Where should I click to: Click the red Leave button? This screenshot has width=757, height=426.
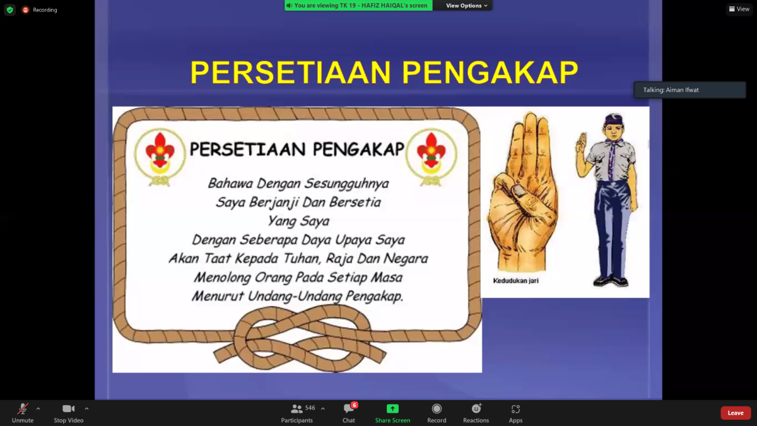[x=736, y=413]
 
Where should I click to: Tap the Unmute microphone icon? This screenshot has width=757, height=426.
[x=23, y=409]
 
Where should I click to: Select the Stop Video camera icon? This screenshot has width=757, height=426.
[x=68, y=409]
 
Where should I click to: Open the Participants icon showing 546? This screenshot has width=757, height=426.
[x=296, y=409]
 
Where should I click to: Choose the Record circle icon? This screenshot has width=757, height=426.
[x=437, y=409]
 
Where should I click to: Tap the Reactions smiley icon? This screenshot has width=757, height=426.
[x=476, y=409]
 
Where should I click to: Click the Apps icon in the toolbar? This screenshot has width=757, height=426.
[x=515, y=409]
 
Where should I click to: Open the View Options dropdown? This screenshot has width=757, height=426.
[x=466, y=6]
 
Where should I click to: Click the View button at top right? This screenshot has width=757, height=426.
[x=739, y=9]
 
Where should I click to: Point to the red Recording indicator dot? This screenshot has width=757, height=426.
[x=25, y=10]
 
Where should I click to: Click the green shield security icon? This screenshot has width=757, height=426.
[x=10, y=10]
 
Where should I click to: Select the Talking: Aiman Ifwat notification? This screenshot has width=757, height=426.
[x=690, y=90]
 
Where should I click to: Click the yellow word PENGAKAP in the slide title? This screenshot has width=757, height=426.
[x=490, y=73]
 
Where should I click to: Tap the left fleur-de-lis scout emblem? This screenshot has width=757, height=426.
[x=160, y=157]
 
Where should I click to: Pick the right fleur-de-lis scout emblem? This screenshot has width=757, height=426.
[x=431, y=157]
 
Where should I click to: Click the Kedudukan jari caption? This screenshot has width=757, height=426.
[x=516, y=281]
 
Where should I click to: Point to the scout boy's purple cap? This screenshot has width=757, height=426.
[x=613, y=119]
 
